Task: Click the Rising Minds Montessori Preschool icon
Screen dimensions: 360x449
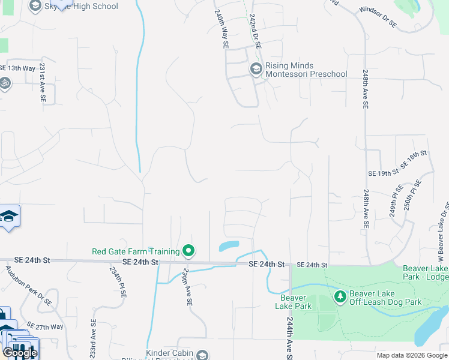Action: (256, 70)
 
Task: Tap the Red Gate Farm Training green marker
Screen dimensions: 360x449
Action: (188, 251)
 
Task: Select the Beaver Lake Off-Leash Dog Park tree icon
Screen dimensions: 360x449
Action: (340, 296)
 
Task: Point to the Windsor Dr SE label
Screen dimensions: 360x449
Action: (378, 17)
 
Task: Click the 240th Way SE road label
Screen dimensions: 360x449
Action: (220, 28)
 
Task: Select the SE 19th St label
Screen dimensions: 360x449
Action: (384, 173)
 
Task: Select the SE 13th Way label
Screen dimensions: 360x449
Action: (17, 68)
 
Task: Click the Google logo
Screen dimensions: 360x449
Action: (20, 353)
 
